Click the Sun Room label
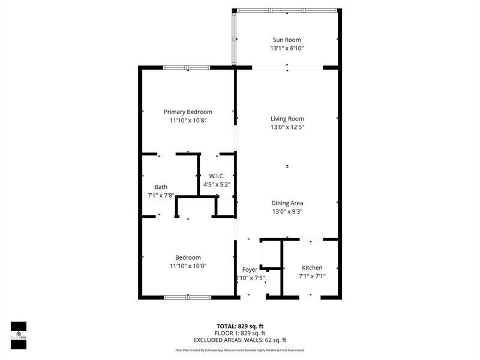click(x=287, y=40)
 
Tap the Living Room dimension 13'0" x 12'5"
click(x=287, y=127)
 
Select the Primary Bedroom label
click(x=188, y=112)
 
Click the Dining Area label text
click(x=287, y=203)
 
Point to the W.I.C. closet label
click(x=217, y=176)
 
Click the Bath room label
click(x=161, y=187)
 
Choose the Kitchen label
click(x=312, y=268)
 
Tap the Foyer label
click(x=250, y=269)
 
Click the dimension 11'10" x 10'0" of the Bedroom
click(x=188, y=266)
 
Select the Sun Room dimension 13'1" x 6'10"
click(x=287, y=48)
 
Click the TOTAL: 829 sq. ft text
click(x=240, y=326)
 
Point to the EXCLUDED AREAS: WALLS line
click(x=240, y=340)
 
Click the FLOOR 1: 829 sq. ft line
click(x=240, y=333)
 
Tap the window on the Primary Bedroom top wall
click(x=187, y=67)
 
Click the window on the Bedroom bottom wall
click(x=187, y=296)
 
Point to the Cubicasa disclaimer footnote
click(x=240, y=350)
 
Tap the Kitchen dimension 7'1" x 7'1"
click(x=312, y=276)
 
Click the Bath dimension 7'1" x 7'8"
click(x=161, y=195)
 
